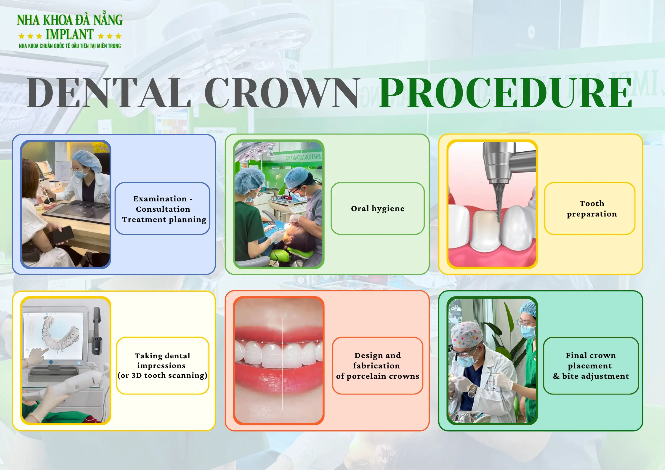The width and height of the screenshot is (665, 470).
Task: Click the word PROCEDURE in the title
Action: (505, 93)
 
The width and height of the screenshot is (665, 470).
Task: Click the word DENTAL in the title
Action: (109, 93)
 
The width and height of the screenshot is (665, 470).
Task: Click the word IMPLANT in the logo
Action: (70, 35)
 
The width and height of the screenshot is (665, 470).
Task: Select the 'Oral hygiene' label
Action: (377, 208)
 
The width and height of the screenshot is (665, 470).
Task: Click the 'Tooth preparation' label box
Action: (589, 208)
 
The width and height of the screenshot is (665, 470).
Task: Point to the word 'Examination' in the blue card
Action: (160, 199)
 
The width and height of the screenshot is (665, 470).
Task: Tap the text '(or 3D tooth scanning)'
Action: (162, 376)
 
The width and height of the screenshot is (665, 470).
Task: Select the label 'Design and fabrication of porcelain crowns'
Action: (377, 365)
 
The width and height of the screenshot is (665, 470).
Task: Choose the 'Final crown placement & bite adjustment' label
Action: (591, 365)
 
